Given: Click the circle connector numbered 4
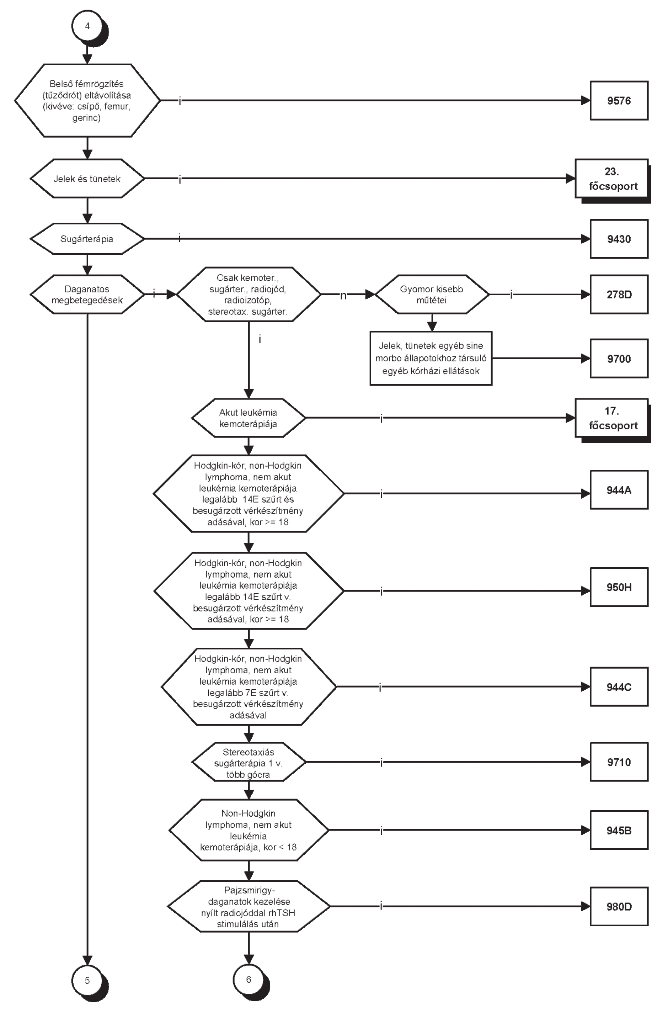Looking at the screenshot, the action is (x=87, y=26).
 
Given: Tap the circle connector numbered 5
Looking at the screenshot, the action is (x=87, y=980).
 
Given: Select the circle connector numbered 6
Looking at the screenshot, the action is (x=249, y=979).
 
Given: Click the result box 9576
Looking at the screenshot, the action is (x=619, y=101).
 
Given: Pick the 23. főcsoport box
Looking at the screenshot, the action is (x=612, y=179).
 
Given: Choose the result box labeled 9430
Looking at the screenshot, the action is (x=619, y=239).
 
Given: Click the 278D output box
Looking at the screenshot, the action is (x=619, y=295).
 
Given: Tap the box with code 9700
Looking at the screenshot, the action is (x=619, y=359).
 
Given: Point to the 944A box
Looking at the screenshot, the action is (x=619, y=490).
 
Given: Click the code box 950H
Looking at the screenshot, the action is (x=619, y=587).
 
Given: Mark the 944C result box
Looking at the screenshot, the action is (x=619, y=687).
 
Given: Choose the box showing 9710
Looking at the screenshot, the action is (x=619, y=762).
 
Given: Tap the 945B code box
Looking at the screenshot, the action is (x=619, y=830).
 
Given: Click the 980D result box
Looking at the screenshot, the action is (x=619, y=906).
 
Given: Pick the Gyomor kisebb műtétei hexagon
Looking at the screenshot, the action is (x=432, y=295).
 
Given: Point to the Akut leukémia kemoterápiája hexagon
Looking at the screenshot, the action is (x=249, y=418).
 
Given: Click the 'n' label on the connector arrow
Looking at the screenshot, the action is (x=343, y=295).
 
